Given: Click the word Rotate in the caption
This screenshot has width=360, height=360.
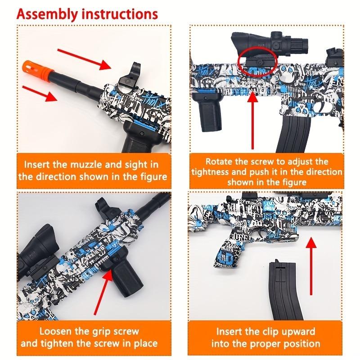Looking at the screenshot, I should tap(220, 161).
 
